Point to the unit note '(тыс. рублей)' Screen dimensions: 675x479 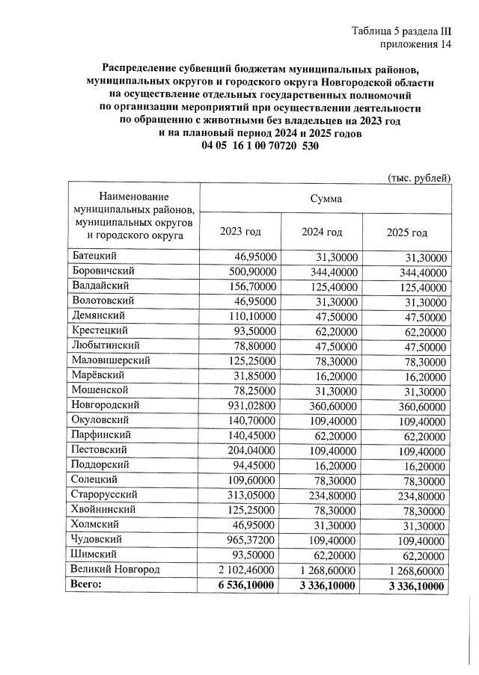419,177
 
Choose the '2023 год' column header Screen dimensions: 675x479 240,232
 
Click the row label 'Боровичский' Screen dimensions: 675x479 103,271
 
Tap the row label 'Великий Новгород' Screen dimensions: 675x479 116,570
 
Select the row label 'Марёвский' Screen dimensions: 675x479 98,375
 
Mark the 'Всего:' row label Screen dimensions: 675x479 88,585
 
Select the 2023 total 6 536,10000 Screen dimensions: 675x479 245,585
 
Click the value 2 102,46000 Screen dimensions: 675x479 246,570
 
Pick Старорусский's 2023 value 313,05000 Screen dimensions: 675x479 251,495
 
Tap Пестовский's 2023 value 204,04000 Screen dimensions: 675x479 251,450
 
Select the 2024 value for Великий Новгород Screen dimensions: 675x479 329,570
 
